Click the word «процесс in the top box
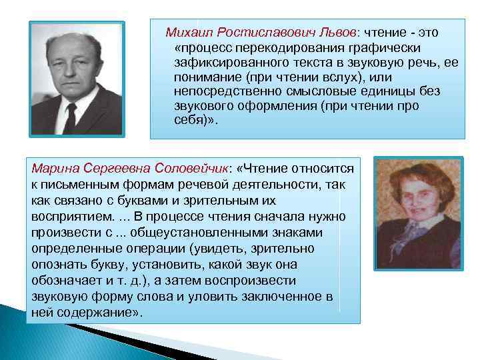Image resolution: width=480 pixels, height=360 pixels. [200, 48]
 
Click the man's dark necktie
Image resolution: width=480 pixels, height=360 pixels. [71, 117]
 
